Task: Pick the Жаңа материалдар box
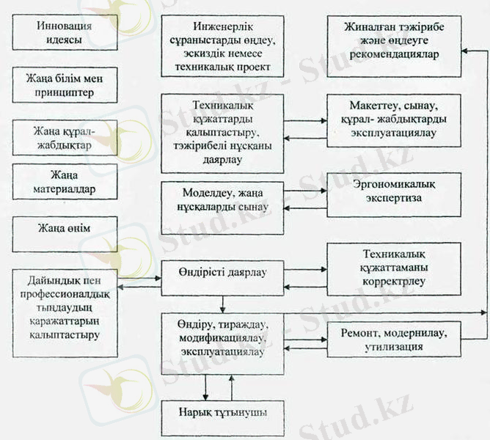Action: tap(65, 183)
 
